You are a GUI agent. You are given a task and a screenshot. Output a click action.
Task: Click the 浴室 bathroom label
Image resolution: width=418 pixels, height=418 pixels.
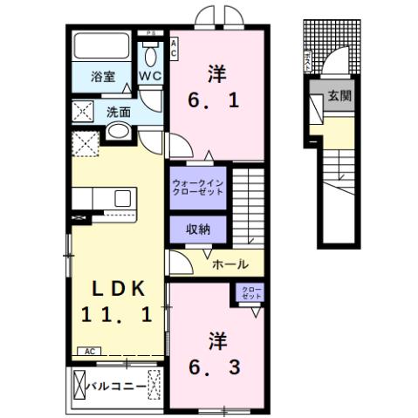104,77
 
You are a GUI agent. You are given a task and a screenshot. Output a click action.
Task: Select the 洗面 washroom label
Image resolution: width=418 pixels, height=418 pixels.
119,112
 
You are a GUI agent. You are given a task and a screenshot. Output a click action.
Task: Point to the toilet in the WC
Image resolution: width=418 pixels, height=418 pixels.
150,54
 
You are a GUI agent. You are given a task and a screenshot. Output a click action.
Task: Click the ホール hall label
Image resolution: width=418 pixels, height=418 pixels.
230,264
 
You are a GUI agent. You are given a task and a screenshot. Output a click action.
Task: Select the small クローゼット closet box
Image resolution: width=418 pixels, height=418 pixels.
251,293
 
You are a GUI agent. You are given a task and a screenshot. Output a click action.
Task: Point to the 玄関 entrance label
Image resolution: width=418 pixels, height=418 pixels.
339,96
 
